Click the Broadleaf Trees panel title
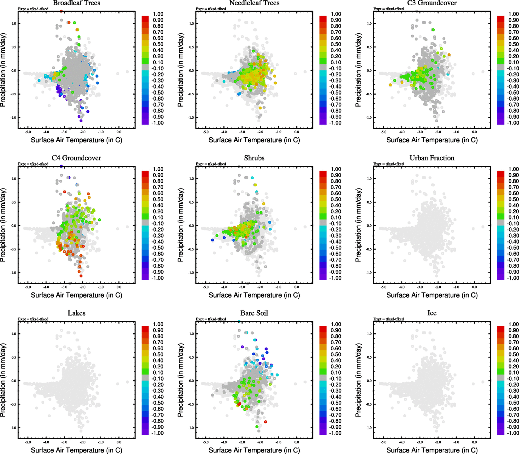pyautogui.click(x=76, y=3)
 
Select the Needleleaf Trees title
pyautogui.click(x=254, y=3)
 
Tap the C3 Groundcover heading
pyautogui.click(x=432, y=3)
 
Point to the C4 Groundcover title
pyautogui.click(x=76, y=158)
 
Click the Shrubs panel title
pyautogui.click(x=254, y=158)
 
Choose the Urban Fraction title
pyautogui.click(x=432, y=158)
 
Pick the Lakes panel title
pyautogui.click(x=76, y=313)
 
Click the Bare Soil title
pyautogui.click(x=254, y=313)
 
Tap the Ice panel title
pyautogui.click(x=432, y=313)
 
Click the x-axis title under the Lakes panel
pyautogui.click(x=76, y=450)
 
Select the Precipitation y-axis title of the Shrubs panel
pyautogui.click(x=180, y=225)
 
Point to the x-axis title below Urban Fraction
pyautogui.click(x=432, y=295)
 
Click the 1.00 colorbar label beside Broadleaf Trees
pyautogui.click(x=158, y=14)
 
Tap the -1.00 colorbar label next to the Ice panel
pyautogui.click(x=513, y=433)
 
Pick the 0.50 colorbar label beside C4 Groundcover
pyautogui.click(x=158, y=199)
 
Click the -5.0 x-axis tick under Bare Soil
pyautogui.click(x=206, y=442)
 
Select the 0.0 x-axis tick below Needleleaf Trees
pyautogui.click(x=297, y=132)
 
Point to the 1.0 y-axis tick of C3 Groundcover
pyautogui.click(x=369, y=23)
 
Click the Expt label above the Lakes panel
pyautogui.click(x=33, y=319)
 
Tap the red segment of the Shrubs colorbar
pyautogui.click(x=323, y=174)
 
